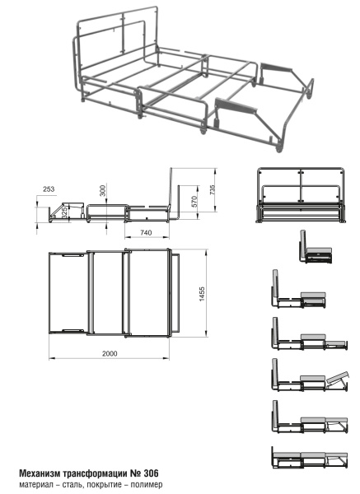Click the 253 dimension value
49,189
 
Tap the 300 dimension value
103,191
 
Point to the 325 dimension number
64,213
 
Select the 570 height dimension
194,202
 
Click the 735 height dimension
213,190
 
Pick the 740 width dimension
146,232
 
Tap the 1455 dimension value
202,294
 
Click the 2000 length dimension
110,353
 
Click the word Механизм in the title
40,473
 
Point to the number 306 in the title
152,473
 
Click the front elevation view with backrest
301,195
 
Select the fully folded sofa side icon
316,247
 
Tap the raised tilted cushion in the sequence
338,377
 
